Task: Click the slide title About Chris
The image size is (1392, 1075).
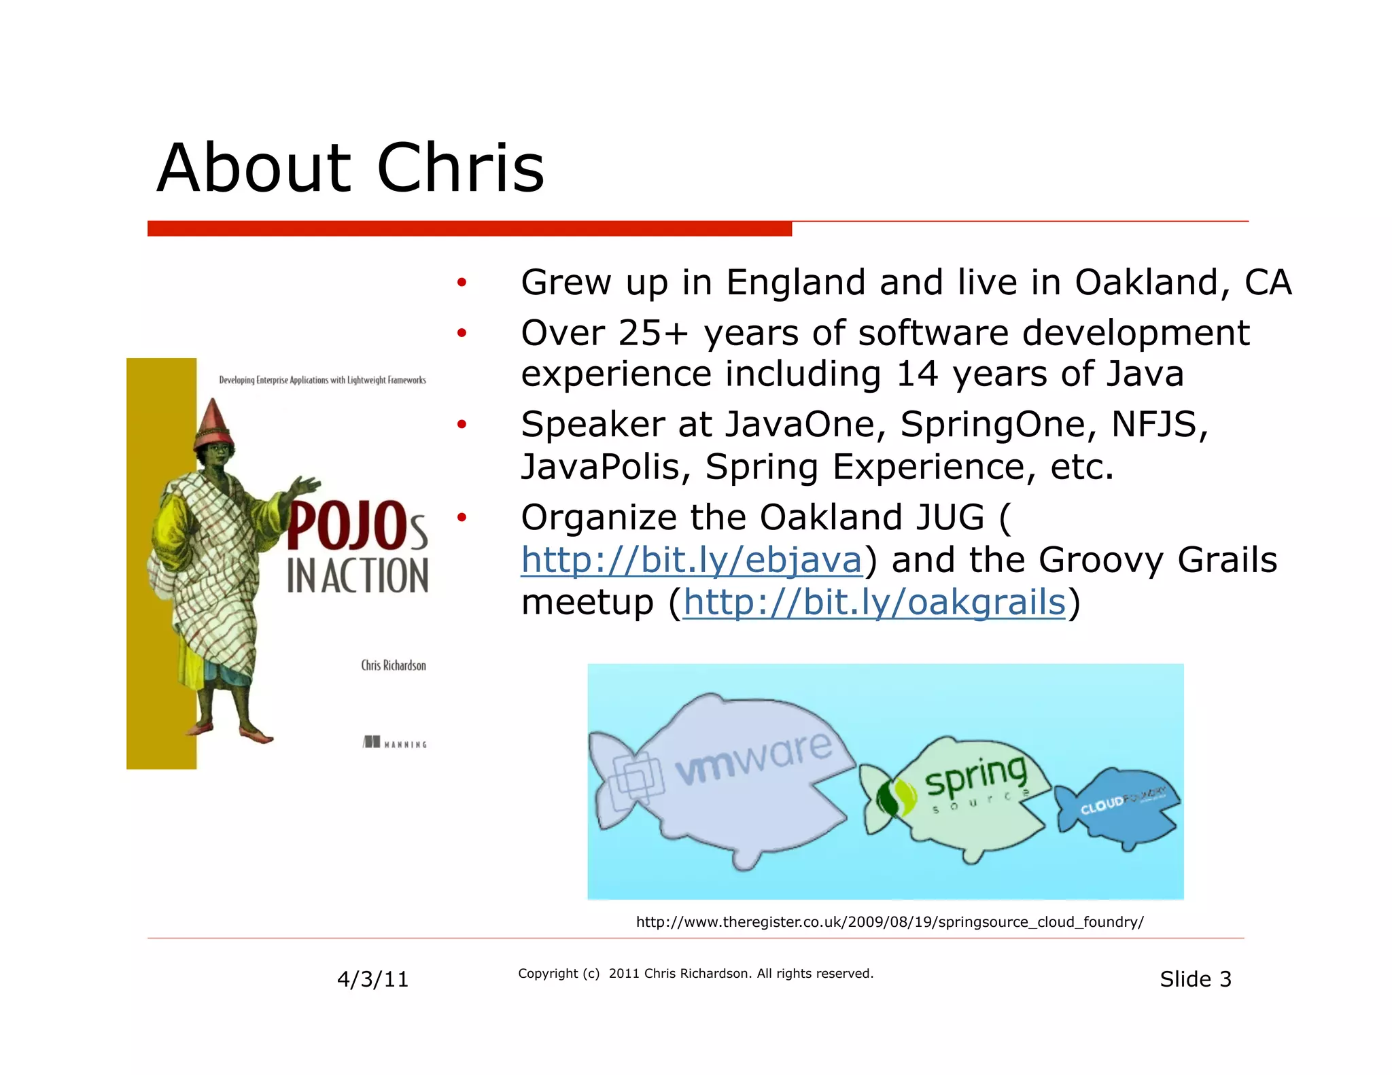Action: click(x=350, y=168)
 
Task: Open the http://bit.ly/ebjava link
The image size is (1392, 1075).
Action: click(x=691, y=560)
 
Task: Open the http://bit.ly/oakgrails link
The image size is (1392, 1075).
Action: click(x=874, y=602)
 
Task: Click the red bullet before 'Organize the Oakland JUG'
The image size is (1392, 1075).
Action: click(x=462, y=518)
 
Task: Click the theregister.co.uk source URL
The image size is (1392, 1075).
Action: click(x=889, y=922)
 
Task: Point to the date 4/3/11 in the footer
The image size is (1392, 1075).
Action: click(x=372, y=979)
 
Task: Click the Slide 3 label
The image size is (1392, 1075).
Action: click(x=1195, y=979)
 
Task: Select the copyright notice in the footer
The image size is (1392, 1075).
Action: click(x=695, y=974)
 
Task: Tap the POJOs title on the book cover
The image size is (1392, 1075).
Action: click(x=356, y=527)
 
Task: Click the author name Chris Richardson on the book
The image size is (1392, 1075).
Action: click(x=394, y=665)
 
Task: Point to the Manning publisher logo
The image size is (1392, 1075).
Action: click(x=395, y=742)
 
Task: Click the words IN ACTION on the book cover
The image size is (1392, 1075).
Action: click(x=358, y=576)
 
